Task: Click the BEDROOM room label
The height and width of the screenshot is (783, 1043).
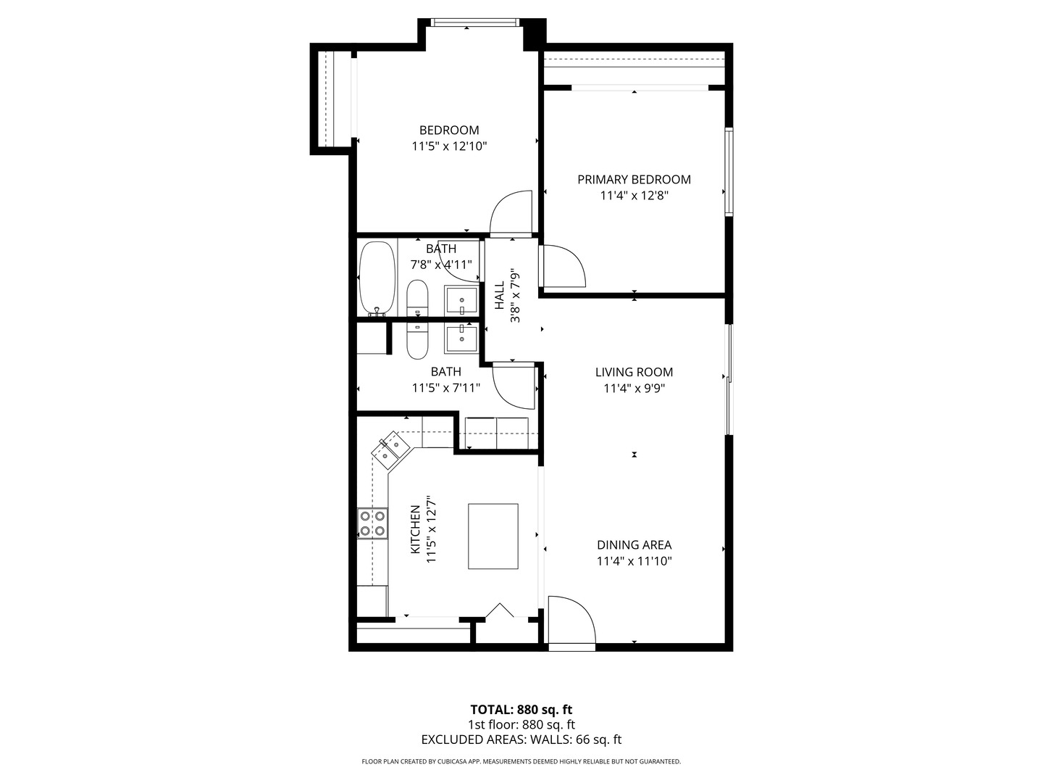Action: (x=449, y=130)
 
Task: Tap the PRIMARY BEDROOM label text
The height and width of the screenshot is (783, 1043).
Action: (x=634, y=180)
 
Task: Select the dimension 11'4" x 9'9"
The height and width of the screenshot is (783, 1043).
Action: (x=634, y=389)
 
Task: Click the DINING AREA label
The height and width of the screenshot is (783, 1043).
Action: (x=634, y=545)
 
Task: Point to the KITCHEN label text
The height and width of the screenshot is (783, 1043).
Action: (x=416, y=530)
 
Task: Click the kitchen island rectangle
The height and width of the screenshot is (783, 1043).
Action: (x=493, y=536)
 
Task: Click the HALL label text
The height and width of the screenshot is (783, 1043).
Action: (x=500, y=295)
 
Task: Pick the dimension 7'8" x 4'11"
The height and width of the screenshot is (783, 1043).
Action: (x=441, y=265)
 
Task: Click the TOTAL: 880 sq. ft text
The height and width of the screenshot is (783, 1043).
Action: (x=521, y=710)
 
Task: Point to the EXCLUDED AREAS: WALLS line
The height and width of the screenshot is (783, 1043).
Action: (x=521, y=740)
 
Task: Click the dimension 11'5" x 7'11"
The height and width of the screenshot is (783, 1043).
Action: (x=445, y=388)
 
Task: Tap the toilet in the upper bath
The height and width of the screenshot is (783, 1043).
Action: (x=417, y=298)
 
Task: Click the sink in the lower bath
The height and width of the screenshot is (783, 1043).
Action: (x=461, y=337)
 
